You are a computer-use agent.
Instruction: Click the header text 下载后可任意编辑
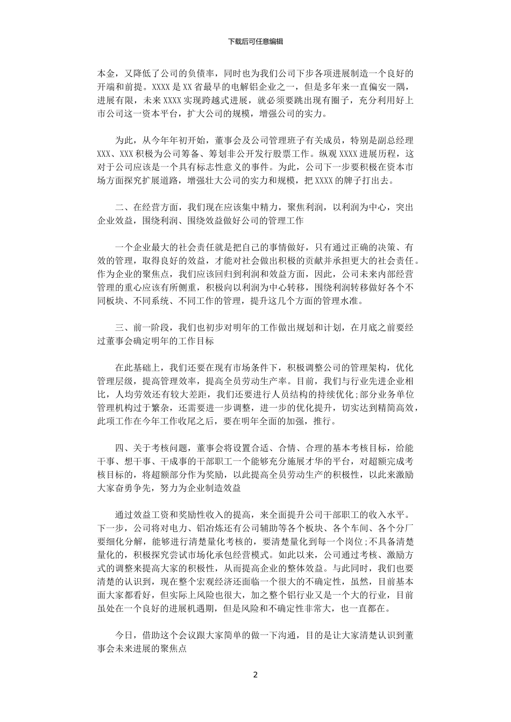256,41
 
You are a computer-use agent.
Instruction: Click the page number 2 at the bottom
256,675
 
